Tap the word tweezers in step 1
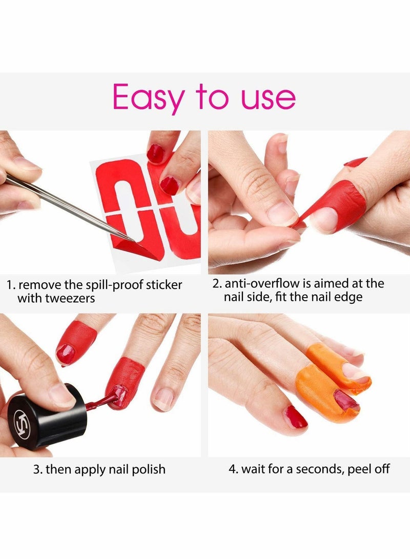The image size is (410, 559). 69,298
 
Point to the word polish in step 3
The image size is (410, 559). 148,469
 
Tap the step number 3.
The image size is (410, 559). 37,469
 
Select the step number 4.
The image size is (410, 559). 231,469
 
